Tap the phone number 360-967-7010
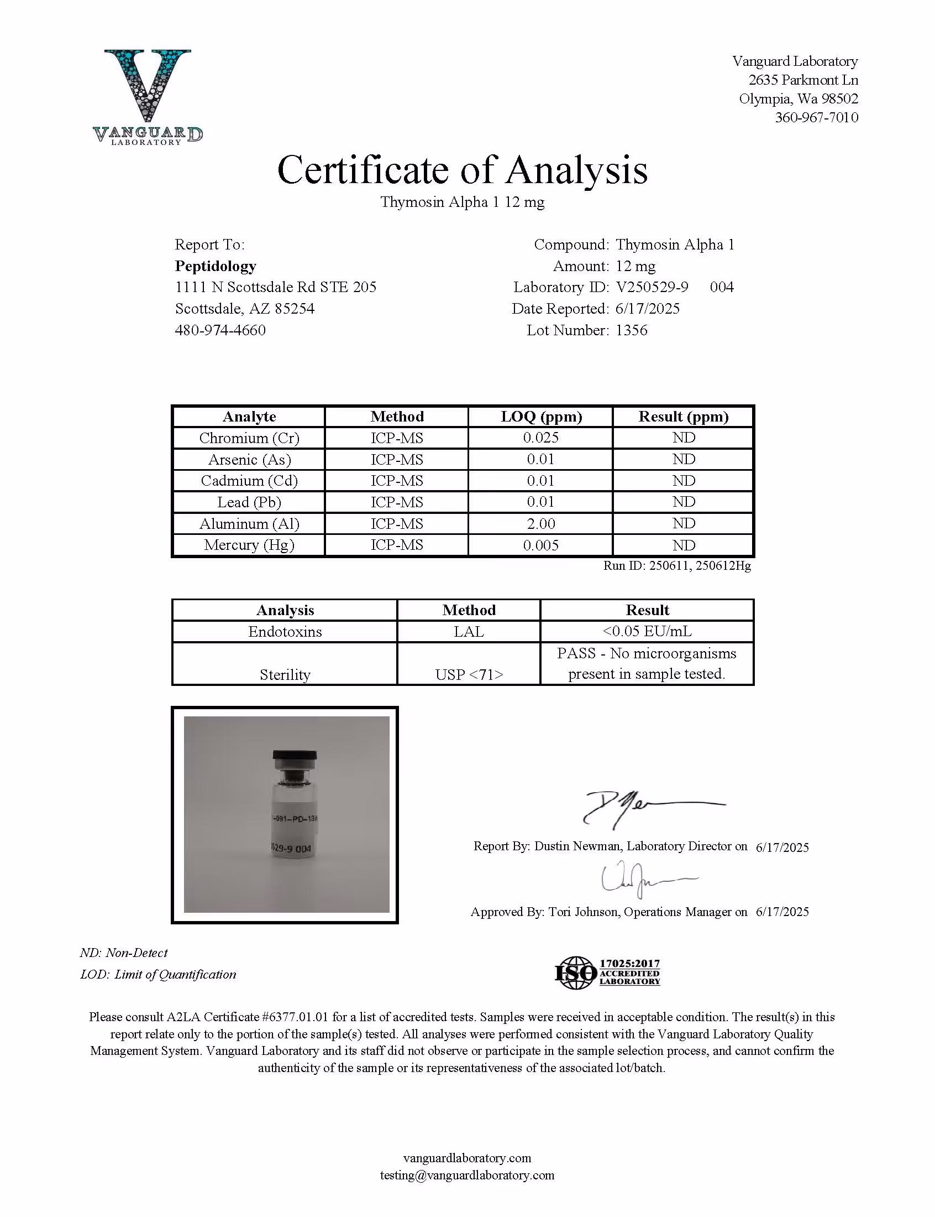(816, 117)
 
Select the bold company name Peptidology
(216, 266)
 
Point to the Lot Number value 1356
(632, 330)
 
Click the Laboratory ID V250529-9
(652, 287)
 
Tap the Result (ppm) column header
(684, 417)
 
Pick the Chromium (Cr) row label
(249, 438)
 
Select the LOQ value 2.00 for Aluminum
(541, 523)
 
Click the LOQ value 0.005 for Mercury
(541, 545)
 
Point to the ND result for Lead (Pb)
(684, 502)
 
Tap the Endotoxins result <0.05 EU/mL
(647, 631)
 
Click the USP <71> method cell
(469, 674)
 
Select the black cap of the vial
(295, 757)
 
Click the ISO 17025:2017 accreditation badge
(608, 972)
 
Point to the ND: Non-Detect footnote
(124, 953)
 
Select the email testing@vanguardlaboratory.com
(467, 1175)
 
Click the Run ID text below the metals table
(677, 566)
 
